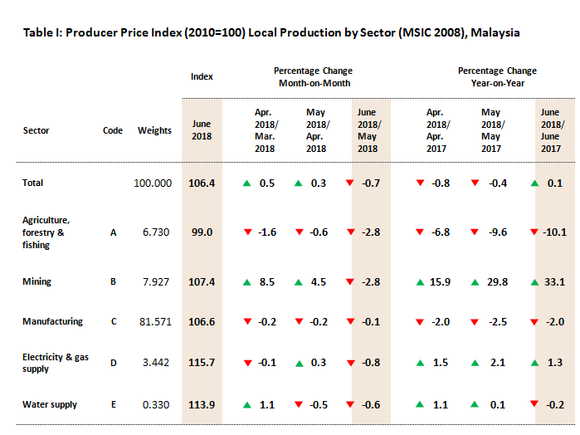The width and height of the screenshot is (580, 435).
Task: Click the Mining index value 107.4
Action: tap(202, 282)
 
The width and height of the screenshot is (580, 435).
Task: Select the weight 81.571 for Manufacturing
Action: tap(155, 322)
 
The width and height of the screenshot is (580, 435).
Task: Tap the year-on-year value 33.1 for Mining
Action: tap(554, 282)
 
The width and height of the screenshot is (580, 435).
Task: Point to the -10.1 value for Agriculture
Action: tap(554, 232)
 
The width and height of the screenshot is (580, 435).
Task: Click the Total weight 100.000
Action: tap(153, 183)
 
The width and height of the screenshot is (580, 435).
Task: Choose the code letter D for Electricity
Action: tap(114, 363)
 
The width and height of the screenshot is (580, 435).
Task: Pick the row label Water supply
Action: tap(50, 404)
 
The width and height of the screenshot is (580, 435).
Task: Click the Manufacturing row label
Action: tap(52, 321)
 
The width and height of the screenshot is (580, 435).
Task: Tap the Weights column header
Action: tap(154, 130)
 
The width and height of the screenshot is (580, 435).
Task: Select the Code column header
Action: tap(113, 130)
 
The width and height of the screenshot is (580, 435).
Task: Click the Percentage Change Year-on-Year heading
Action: tap(498, 76)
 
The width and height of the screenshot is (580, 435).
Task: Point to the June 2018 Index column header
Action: tap(202, 130)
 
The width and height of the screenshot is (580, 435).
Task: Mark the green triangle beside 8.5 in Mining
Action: tap(246, 282)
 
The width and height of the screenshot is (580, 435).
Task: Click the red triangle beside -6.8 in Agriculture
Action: tap(420, 232)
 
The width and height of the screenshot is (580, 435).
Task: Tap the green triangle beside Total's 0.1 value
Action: tap(535, 183)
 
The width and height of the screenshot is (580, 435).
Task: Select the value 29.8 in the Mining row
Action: tap(498, 282)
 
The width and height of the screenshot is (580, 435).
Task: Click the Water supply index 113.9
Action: tap(202, 405)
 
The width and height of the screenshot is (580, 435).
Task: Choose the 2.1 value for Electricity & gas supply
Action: tap(498, 363)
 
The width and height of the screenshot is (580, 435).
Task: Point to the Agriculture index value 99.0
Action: tap(202, 232)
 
